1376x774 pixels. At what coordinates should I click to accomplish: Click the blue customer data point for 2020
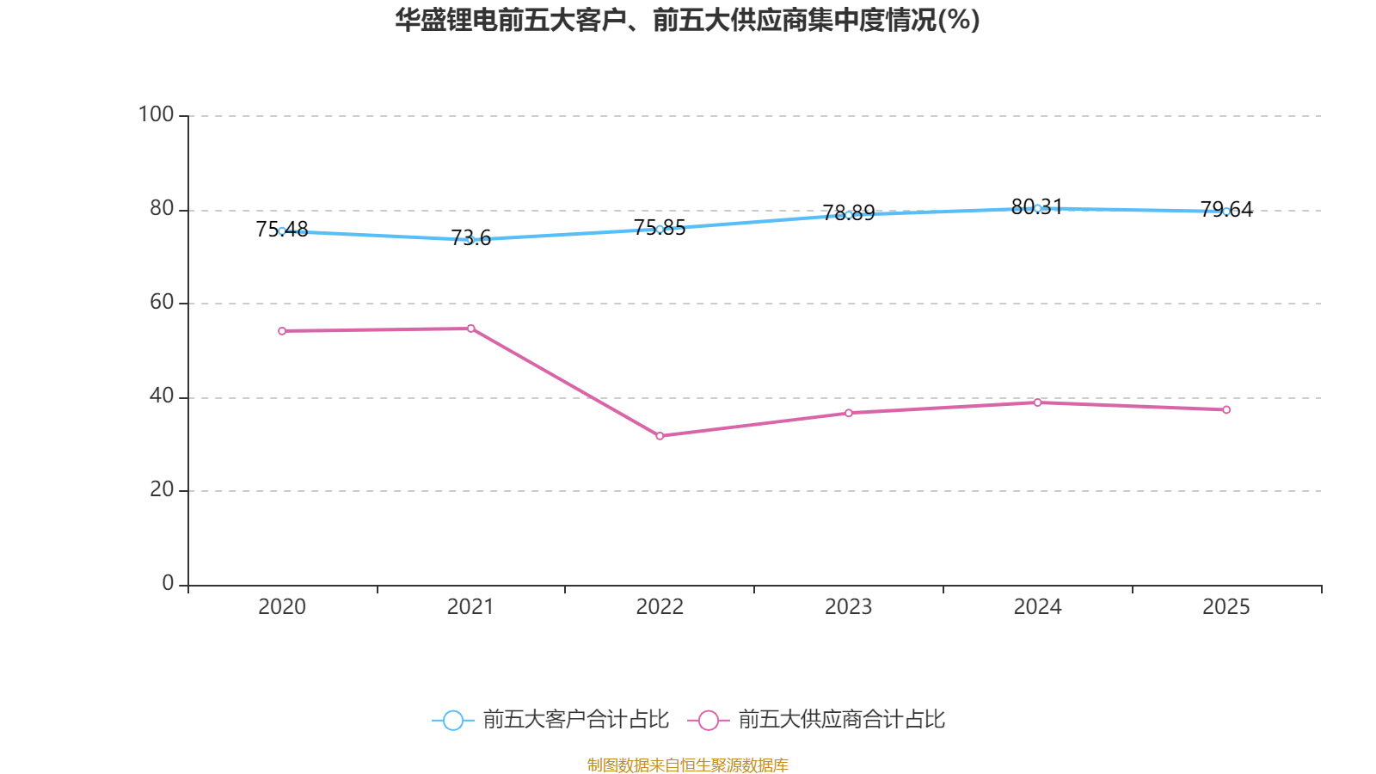(282, 230)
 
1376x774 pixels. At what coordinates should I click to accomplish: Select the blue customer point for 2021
(470, 240)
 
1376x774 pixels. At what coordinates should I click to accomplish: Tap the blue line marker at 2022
(660, 229)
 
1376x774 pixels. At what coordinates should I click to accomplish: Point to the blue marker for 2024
(1037, 208)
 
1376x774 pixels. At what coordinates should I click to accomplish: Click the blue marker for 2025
(1226, 212)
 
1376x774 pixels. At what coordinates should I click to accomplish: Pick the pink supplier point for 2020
(282, 331)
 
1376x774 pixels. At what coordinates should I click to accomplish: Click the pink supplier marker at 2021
(470, 329)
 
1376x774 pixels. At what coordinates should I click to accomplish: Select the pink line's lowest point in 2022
(660, 436)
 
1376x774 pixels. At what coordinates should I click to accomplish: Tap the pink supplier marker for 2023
(848, 413)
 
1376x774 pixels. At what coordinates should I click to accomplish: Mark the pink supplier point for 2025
(1226, 410)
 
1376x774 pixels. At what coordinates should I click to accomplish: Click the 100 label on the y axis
(156, 114)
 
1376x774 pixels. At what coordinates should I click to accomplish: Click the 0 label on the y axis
(168, 583)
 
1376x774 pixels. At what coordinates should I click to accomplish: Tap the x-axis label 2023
(848, 607)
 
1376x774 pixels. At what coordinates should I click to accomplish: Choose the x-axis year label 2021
(470, 607)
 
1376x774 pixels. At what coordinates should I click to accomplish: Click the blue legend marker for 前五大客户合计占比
(452, 720)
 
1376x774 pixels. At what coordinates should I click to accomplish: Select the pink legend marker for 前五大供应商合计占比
(708, 720)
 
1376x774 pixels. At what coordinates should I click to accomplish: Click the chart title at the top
(687, 20)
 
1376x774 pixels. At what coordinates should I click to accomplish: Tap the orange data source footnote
(687, 765)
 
